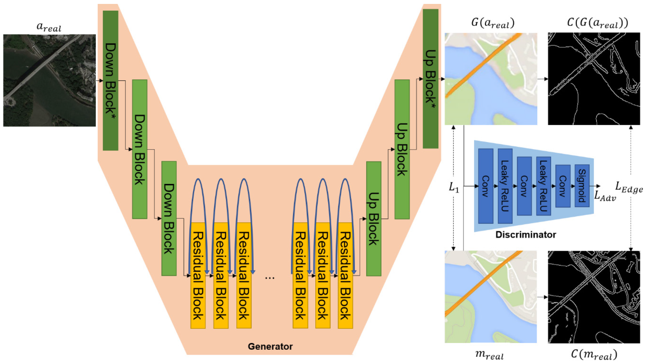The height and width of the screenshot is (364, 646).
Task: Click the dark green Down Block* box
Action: [x=110, y=80]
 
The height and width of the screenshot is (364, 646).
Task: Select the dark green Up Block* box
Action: [x=430, y=79]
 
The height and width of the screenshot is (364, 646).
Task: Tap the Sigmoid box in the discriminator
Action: [x=582, y=186]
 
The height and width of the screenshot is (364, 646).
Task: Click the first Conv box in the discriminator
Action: [x=485, y=186]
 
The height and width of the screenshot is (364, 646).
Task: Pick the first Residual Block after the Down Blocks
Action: [x=198, y=275]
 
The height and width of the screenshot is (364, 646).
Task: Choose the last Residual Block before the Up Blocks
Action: [x=345, y=275]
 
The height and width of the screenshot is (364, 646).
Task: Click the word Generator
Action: [x=270, y=346]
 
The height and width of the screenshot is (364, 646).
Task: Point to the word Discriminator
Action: [x=526, y=234]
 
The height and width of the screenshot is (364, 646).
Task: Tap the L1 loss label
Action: [x=454, y=187]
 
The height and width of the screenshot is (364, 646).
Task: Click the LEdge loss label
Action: [x=629, y=187]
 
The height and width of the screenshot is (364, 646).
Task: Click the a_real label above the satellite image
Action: [x=49, y=27]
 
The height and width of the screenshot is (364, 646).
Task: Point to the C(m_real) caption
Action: [x=594, y=355]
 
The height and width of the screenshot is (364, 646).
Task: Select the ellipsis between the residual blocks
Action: [x=270, y=278]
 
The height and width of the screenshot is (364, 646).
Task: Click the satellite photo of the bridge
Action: [x=49, y=80]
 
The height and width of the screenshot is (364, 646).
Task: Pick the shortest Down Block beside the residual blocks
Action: [x=169, y=218]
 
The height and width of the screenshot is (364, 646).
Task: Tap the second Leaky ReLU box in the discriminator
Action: [x=543, y=186]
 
